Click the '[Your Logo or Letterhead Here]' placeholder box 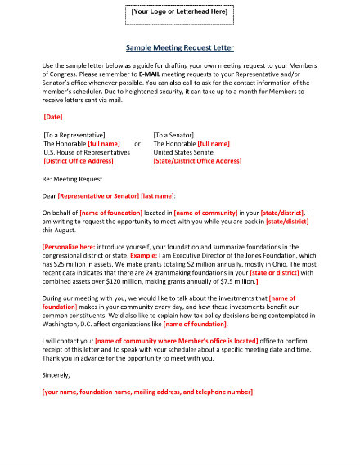(x=180, y=13)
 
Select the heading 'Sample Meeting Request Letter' (x=180, y=47)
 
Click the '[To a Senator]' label (x=180, y=134)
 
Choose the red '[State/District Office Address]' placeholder (x=197, y=161)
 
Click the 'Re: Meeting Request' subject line (x=72, y=178)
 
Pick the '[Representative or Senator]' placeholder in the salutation (x=97, y=196)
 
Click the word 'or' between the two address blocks (x=137, y=143)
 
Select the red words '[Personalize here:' (x=69, y=246)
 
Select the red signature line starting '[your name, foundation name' (x=147, y=392)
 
